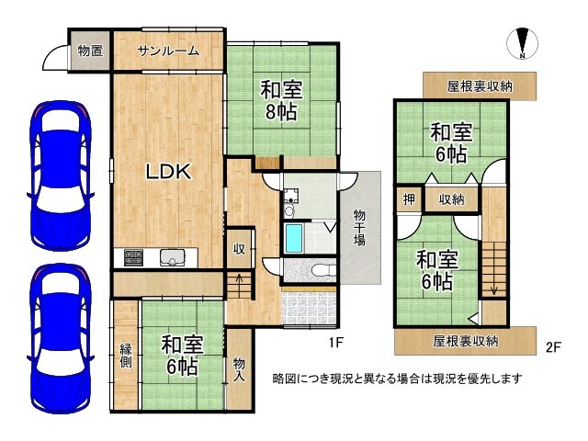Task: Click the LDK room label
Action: [x=165, y=171]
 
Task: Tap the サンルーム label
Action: [x=168, y=51]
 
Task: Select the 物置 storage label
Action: [x=90, y=51]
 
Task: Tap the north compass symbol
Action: [x=521, y=42]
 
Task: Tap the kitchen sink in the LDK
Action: [x=172, y=257]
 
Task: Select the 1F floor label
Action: [x=336, y=345]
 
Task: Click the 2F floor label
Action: [x=552, y=346]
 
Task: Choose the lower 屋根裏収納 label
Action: [x=466, y=341]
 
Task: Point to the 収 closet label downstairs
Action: [x=238, y=249]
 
